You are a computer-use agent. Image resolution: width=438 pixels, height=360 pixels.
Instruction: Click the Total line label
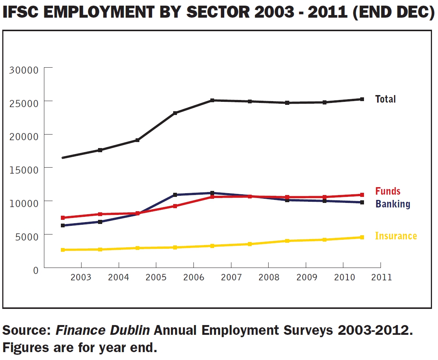[385, 99]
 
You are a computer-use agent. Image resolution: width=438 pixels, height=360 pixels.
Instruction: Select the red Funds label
[388, 191]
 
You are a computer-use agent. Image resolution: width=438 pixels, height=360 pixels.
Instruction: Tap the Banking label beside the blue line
[393, 204]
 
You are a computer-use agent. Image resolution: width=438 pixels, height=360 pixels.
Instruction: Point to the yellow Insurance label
[396, 236]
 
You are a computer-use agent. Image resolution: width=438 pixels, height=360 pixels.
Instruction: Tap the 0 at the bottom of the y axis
[36, 270]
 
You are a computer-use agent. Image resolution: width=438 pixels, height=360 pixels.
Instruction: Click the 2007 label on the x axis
[231, 278]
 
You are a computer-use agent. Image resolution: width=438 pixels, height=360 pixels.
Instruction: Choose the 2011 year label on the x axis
[381, 278]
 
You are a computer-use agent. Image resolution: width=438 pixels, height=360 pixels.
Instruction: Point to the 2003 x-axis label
[81, 278]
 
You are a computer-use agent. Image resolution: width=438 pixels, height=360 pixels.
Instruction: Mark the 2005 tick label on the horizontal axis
[156, 278]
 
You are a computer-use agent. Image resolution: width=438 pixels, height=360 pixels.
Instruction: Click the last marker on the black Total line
[362, 99]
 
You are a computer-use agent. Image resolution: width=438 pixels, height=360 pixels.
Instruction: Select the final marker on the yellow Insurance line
[362, 237]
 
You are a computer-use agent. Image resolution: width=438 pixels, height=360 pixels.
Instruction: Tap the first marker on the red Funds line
[63, 218]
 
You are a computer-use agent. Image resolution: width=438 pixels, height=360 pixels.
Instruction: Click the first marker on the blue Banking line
[63, 225]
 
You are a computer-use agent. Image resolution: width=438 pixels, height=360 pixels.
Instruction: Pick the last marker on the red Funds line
[362, 195]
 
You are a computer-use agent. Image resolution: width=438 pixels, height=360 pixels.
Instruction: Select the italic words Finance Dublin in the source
[103, 330]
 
